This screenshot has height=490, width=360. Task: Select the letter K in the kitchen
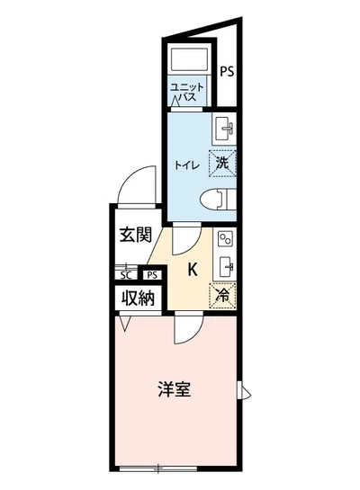click(x=192, y=267)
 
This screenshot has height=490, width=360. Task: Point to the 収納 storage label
click(x=136, y=296)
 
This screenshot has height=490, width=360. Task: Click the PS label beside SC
click(x=152, y=275)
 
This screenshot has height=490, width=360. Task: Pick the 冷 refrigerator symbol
click(x=221, y=294)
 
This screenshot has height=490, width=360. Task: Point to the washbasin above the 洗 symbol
click(x=223, y=129)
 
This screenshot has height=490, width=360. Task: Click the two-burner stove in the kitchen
click(x=224, y=240)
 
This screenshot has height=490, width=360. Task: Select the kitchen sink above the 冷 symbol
click(x=225, y=266)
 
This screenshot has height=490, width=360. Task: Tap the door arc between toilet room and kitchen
click(x=185, y=238)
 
